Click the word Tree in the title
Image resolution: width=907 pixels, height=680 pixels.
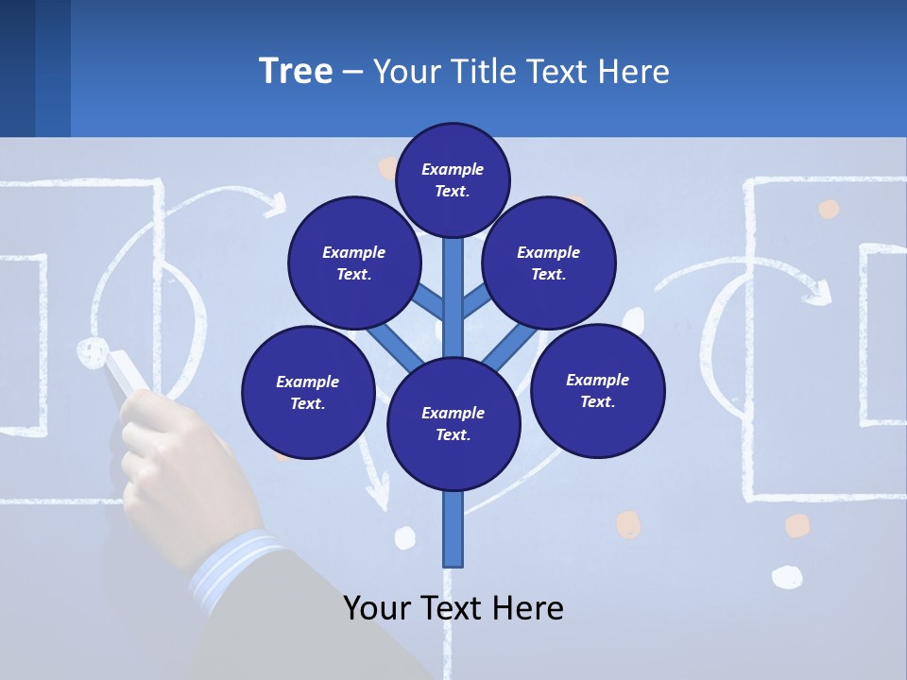296,72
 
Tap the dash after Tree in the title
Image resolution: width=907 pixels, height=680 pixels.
351,73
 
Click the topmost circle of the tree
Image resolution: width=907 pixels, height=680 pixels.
453,179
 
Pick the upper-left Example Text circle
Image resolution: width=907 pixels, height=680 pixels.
353,263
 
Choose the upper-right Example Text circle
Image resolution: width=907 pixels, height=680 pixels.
549,263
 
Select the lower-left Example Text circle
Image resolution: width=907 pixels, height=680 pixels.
308,392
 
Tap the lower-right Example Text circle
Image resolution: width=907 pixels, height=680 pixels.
597,390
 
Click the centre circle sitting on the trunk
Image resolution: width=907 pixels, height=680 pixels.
453,423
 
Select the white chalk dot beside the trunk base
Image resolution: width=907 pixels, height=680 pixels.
405,537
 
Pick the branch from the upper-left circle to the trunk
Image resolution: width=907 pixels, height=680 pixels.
431,301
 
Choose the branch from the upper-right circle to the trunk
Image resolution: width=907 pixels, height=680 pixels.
475,301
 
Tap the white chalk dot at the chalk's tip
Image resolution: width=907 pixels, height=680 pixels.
92,350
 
